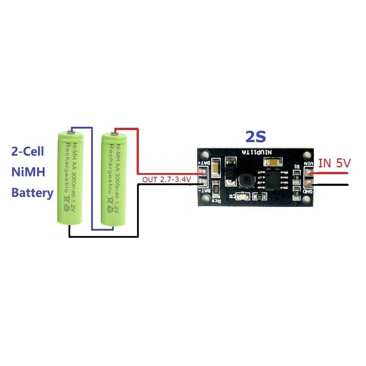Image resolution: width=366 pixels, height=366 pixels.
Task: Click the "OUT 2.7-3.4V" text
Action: (x=163, y=179)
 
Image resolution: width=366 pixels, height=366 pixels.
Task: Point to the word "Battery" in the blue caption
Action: (x=32, y=193)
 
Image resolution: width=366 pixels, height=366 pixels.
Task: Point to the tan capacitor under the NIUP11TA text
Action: (x=274, y=162)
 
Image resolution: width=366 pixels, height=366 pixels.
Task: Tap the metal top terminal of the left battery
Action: (x=69, y=130)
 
